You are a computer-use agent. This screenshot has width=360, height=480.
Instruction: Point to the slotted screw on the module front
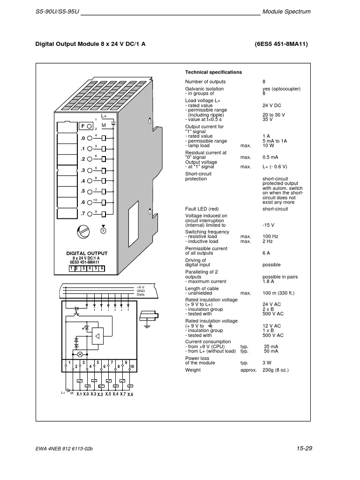pos(82,232)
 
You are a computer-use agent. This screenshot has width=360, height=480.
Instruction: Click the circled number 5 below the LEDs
pos(104,230)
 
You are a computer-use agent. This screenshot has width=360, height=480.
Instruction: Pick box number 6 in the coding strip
pos(101,269)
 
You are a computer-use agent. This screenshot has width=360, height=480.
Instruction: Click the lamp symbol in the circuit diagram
pos(79,354)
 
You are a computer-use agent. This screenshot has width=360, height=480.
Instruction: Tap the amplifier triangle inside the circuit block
pos(97,336)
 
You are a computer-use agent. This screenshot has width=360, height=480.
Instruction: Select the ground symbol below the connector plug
pos(147,324)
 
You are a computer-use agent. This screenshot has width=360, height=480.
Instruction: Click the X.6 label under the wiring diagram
pos(130,395)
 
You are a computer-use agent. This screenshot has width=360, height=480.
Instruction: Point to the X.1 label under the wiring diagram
pos(79,394)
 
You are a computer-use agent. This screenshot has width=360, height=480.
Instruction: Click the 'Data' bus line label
pos(141,294)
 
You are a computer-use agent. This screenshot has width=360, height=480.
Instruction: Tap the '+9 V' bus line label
pos(140,287)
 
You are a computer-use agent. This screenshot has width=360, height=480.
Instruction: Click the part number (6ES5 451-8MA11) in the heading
pos(281,44)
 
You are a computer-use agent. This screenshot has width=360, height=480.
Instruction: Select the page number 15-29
pos(304,449)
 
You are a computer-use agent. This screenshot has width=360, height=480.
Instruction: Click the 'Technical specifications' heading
pos(213,72)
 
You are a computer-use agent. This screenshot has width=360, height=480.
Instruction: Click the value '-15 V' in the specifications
pos(269,225)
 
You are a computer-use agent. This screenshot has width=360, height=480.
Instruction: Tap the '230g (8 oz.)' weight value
pos(275,370)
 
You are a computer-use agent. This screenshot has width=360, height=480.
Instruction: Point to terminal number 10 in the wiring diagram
pos(132,366)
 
